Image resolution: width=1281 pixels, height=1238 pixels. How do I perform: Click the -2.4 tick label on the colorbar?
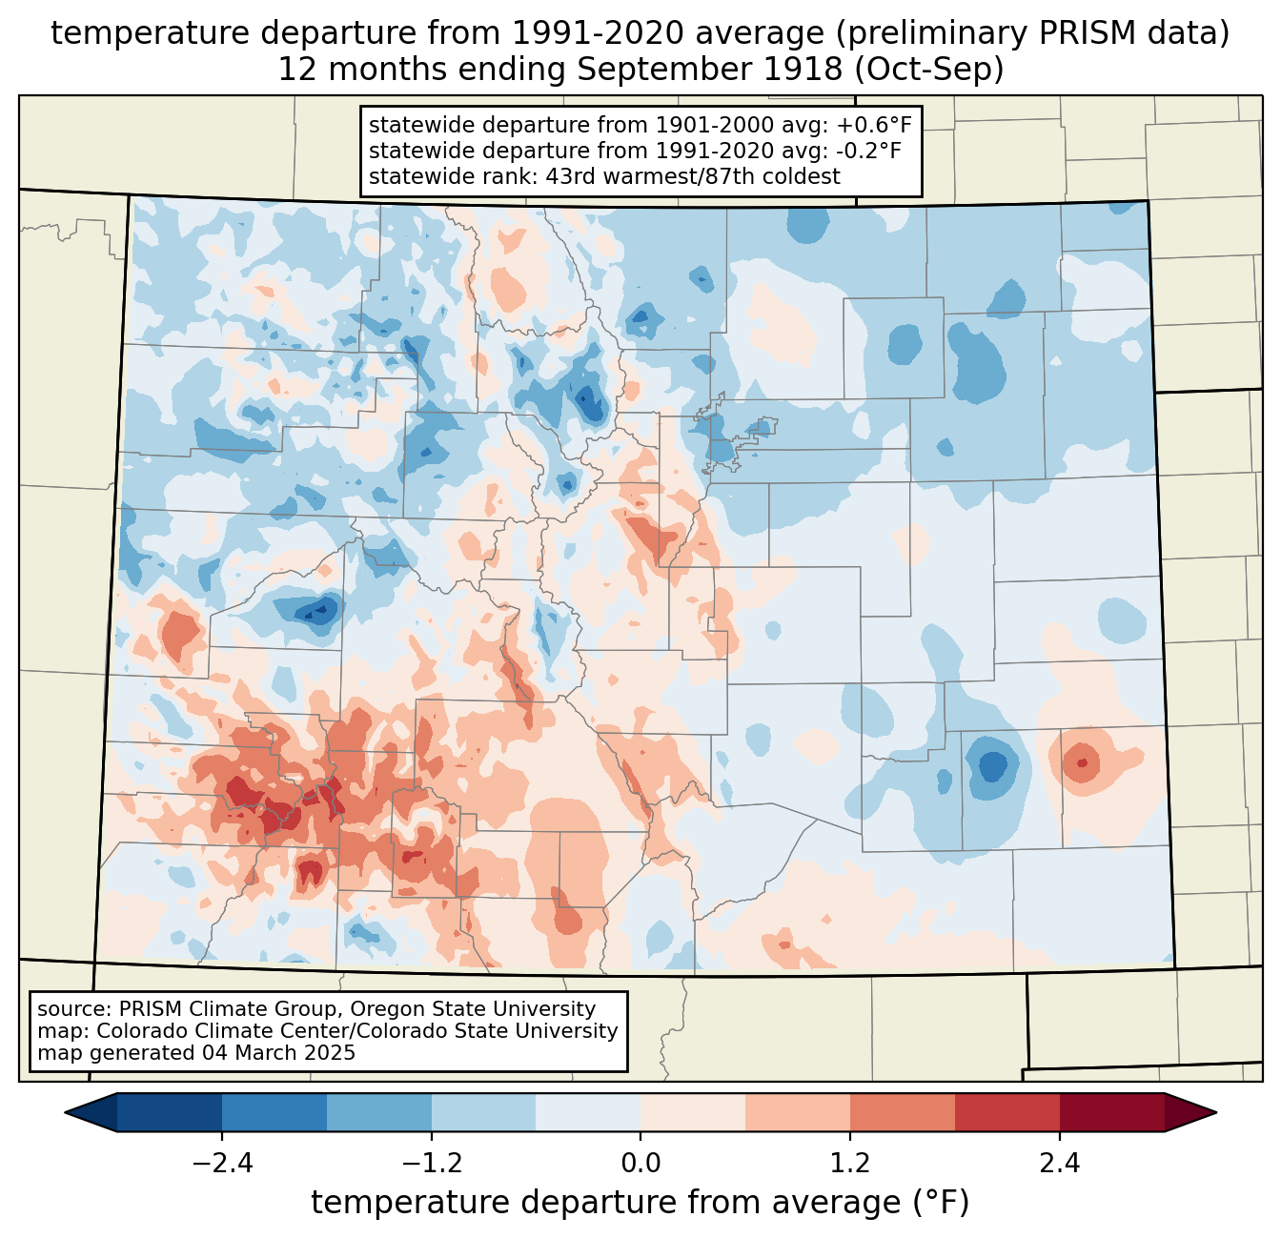[x=222, y=1164]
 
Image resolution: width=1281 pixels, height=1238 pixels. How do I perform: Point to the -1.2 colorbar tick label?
[x=431, y=1164]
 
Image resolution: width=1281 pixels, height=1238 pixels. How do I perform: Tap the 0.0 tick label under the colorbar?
[x=640, y=1164]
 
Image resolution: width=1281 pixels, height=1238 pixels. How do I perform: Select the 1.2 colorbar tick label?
[x=850, y=1164]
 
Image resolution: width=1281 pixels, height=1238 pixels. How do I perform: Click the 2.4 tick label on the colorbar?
[x=1059, y=1164]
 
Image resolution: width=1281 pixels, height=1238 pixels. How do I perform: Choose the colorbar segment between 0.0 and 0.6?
[x=693, y=1112]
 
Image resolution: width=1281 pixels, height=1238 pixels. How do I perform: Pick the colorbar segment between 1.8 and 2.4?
[x=1006, y=1112]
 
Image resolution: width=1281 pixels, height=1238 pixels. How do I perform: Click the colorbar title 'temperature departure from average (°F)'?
[x=640, y=1203]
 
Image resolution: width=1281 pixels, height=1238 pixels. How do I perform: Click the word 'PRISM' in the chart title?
[x=1086, y=33]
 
